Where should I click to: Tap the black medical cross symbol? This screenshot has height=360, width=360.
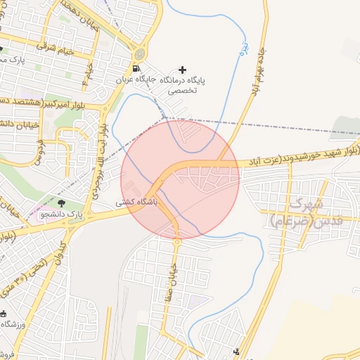tap(183, 70)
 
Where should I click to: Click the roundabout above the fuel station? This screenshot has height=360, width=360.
tap(141, 53)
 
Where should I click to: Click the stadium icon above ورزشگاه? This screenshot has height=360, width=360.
tap(4, 314)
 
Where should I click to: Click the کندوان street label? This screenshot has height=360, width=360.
tap(57, 253)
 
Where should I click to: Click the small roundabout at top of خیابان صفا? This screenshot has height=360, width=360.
tap(177, 242)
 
